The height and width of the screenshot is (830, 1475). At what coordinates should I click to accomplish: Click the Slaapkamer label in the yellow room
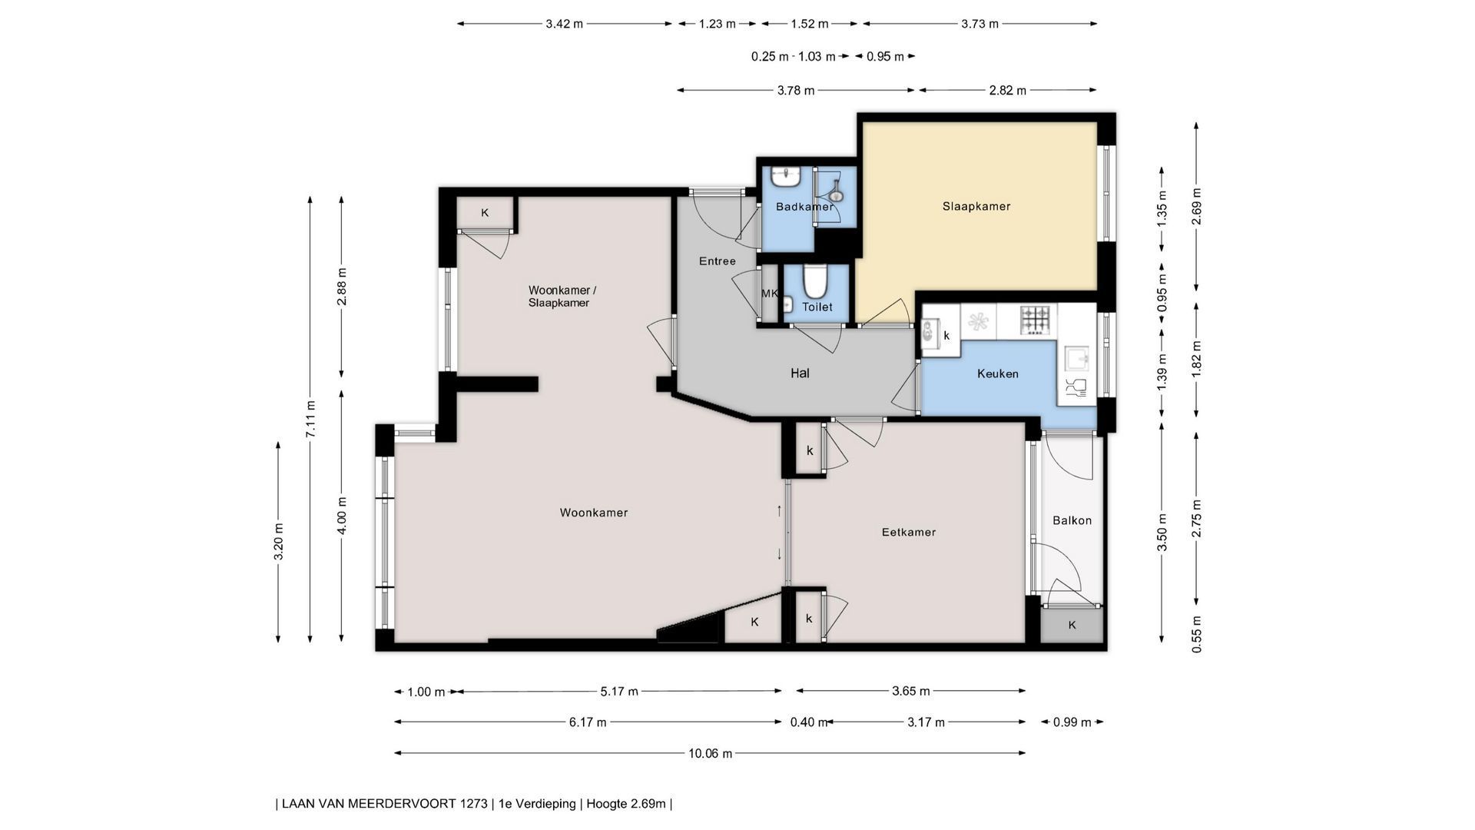click(976, 206)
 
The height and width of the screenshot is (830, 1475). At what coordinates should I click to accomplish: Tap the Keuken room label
click(998, 373)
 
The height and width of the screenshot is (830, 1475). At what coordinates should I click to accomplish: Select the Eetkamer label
click(909, 532)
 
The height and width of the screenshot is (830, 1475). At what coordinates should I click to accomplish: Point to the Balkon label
click(1072, 520)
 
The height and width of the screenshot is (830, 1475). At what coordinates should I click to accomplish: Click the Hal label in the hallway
click(800, 373)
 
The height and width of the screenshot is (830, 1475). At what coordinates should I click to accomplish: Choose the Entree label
click(718, 261)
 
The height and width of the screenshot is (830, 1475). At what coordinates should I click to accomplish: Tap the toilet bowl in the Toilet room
click(814, 281)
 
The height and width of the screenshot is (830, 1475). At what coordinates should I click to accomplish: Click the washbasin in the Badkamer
click(787, 178)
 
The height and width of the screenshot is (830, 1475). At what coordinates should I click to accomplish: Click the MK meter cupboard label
click(769, 293)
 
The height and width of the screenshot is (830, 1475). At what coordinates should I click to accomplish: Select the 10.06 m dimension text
click(710, 753)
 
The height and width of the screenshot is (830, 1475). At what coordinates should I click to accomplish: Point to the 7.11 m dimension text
click(310, 420)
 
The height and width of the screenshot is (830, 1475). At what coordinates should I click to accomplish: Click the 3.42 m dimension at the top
click(564, 24)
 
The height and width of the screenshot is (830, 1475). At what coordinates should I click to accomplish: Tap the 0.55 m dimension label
click(1196, 635)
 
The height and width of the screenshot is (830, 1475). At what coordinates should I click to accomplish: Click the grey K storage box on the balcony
click(1072, 626)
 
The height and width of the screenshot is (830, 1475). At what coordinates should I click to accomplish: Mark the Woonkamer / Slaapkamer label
click(562, 297)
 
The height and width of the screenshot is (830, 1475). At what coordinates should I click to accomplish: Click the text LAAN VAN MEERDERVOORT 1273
click(384, 804)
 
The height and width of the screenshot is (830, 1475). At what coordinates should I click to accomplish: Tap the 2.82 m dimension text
click(1006, 91)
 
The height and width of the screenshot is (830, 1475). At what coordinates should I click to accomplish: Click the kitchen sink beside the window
click(1076, 359)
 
